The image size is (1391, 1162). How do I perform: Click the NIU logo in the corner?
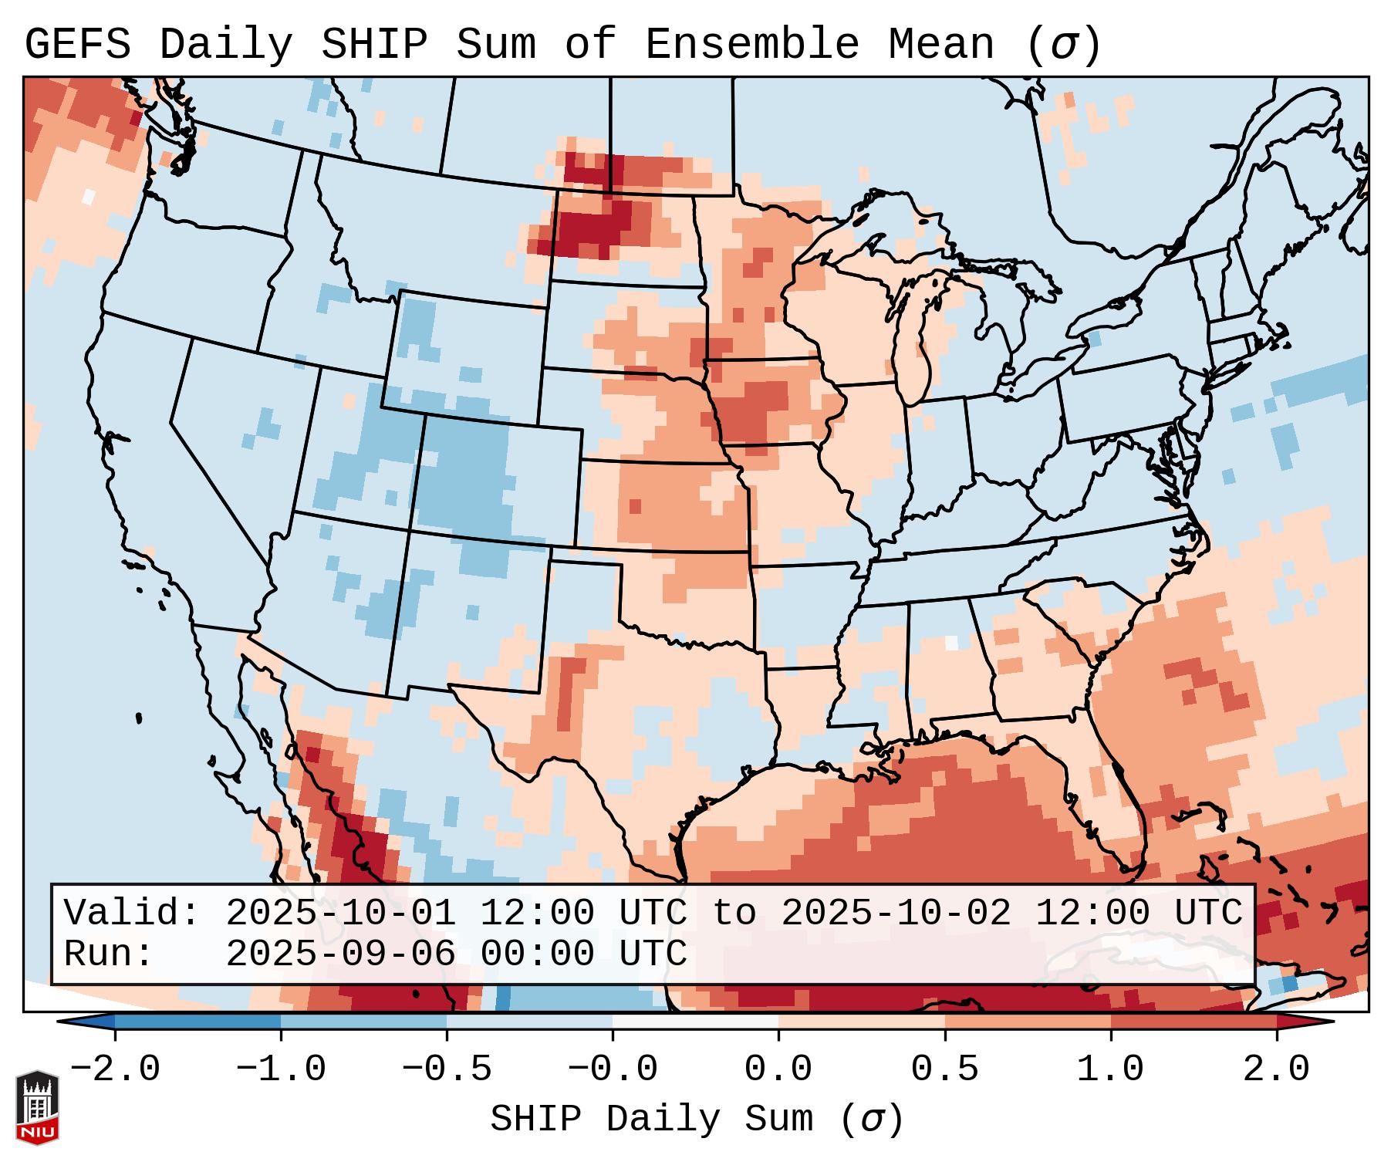point(37,1107)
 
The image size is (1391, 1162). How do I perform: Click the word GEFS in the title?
point(78,45)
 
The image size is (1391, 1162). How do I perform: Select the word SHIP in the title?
point(373,45)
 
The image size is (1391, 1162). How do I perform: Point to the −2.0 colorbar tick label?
point(115,1069)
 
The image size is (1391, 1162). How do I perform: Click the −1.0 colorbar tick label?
point(281,1069)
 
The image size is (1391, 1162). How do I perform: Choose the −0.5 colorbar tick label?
point(447,1069)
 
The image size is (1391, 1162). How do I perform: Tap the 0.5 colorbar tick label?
point(944,1069)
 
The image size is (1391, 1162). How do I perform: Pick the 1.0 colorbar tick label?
point(1110,1069)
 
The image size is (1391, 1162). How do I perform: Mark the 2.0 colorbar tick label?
point(1276,1069)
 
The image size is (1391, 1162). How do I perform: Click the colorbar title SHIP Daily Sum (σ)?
point(697,1119)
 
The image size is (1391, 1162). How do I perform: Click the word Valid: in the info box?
point(132,913)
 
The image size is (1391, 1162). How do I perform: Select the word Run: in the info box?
point(109,954)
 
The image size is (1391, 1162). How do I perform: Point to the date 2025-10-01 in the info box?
point(340,913)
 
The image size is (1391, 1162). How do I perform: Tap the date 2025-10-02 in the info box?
point(896,913)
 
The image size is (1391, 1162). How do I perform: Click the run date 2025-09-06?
point(340,954)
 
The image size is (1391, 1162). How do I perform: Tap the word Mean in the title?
point(941,45)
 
